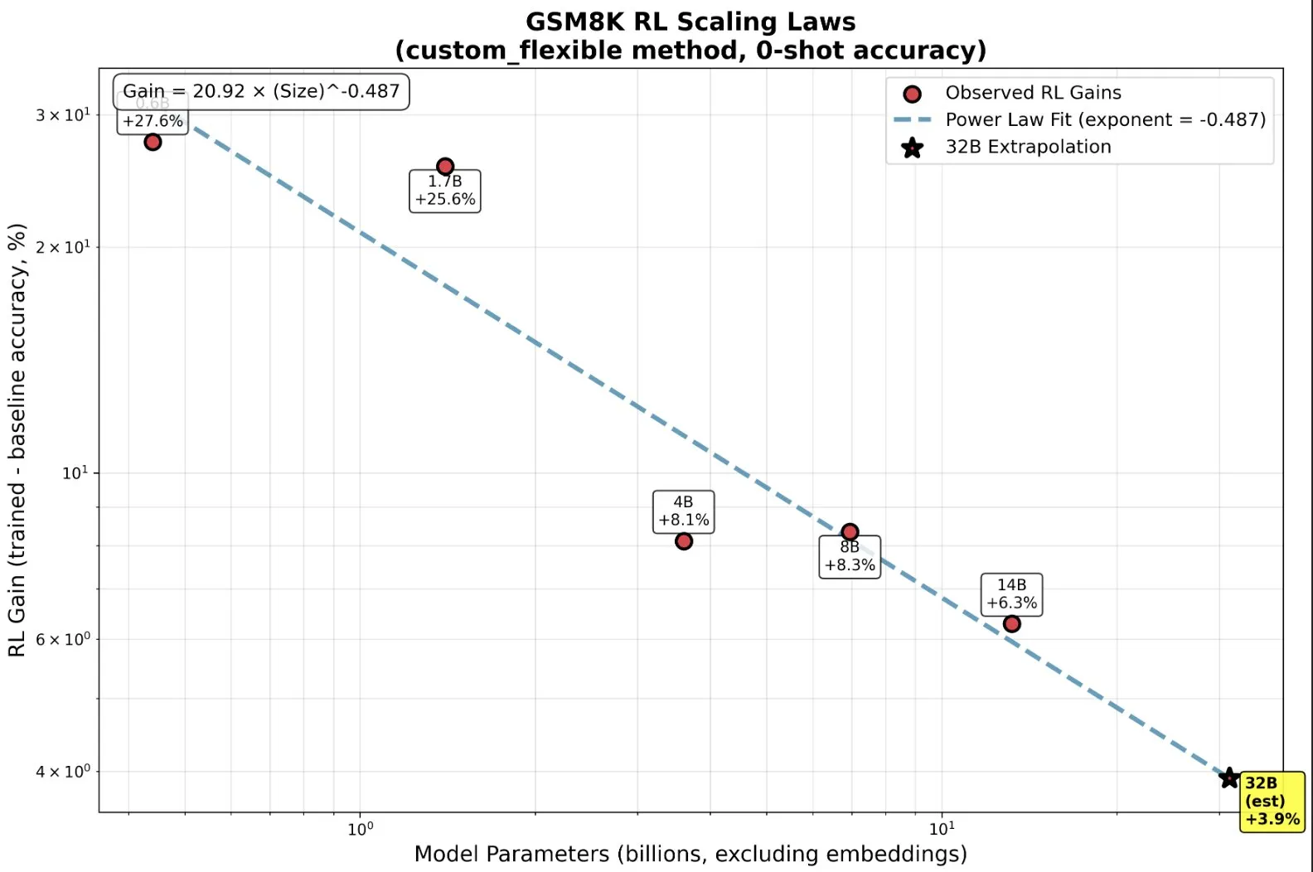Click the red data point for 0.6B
pos(153,142)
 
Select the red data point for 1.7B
pos(445,167)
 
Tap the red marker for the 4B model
pos(684,541)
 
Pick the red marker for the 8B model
pos(850,532)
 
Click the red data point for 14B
pos(1011,623)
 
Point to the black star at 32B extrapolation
pos(1229,778)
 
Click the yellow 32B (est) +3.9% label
pos(1272,801)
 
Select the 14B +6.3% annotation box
pos(1011,594)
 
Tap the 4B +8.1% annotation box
pos(684,511)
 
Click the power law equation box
pos(261,91)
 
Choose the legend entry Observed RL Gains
pos(1033,93)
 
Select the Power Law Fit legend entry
pos(1105,119)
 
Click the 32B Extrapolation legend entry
pos(1028,147)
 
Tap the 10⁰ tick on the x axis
pos(361,828)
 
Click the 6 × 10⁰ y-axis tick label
pos(63,639)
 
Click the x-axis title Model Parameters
pos(690,854)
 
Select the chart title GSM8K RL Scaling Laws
pos(690,22)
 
